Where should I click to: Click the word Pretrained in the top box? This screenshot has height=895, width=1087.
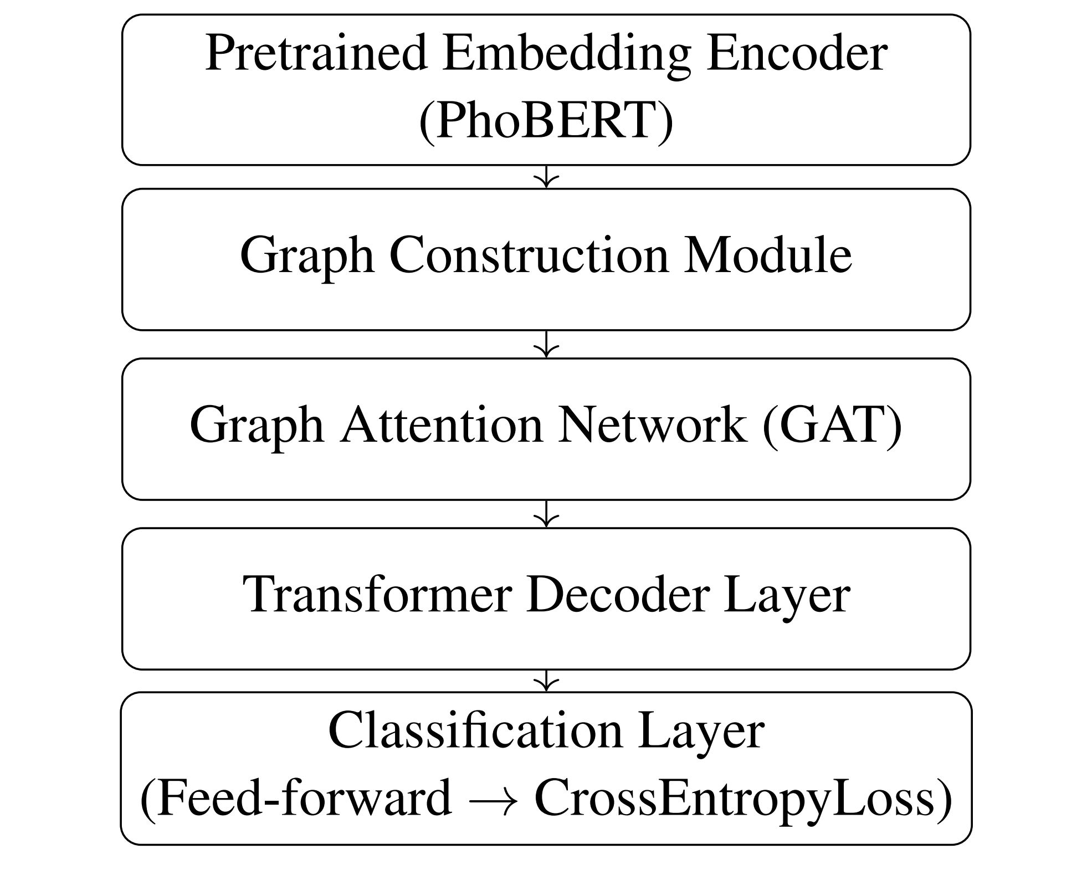316,54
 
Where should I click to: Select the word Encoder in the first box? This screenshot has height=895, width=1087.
796,54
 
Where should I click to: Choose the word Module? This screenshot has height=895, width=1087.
767,255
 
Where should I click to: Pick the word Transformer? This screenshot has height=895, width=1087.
377,595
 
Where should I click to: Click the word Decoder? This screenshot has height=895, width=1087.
618,595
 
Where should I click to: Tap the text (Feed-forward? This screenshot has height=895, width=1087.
296,799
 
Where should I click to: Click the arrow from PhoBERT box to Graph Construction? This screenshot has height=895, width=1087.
546,177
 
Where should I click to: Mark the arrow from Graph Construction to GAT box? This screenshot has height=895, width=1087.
546,344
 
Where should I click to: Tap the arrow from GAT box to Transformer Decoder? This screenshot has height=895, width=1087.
546,514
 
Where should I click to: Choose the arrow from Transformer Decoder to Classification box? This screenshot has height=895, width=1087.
546,681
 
